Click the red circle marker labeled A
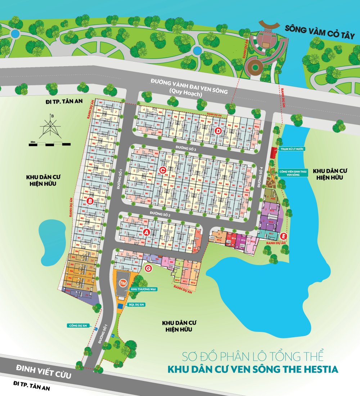point(146,232)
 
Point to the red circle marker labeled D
point(218,131)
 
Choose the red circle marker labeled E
point(284,236)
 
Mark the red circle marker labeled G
point(148,268)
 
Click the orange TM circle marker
point(123,284)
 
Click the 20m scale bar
point(50,144)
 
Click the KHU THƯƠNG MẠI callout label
point(144,289)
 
